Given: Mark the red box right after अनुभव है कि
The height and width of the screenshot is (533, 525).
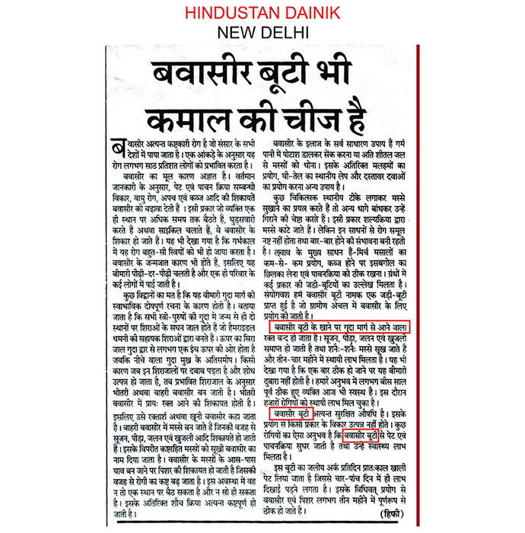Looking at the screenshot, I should [x=361, y=436].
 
